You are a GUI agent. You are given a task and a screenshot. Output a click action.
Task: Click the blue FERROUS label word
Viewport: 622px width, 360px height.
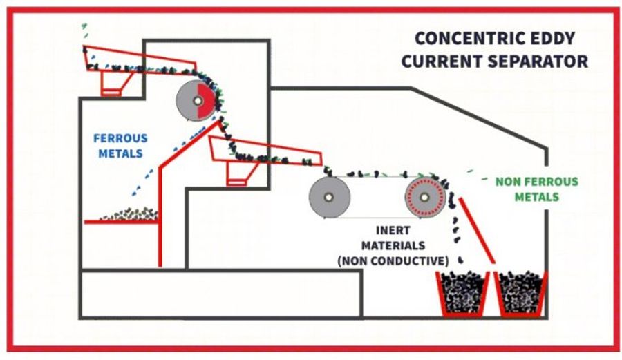point(121,138)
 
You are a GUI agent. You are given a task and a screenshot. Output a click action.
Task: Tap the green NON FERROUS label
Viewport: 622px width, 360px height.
point(536,182)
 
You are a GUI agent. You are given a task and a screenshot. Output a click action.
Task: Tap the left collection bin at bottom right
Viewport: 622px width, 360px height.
point(461,293)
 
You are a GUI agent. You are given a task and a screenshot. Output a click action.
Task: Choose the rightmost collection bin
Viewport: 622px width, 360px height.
point(522,293)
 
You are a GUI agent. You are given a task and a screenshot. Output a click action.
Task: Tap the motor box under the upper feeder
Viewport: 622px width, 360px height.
point(111,83)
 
